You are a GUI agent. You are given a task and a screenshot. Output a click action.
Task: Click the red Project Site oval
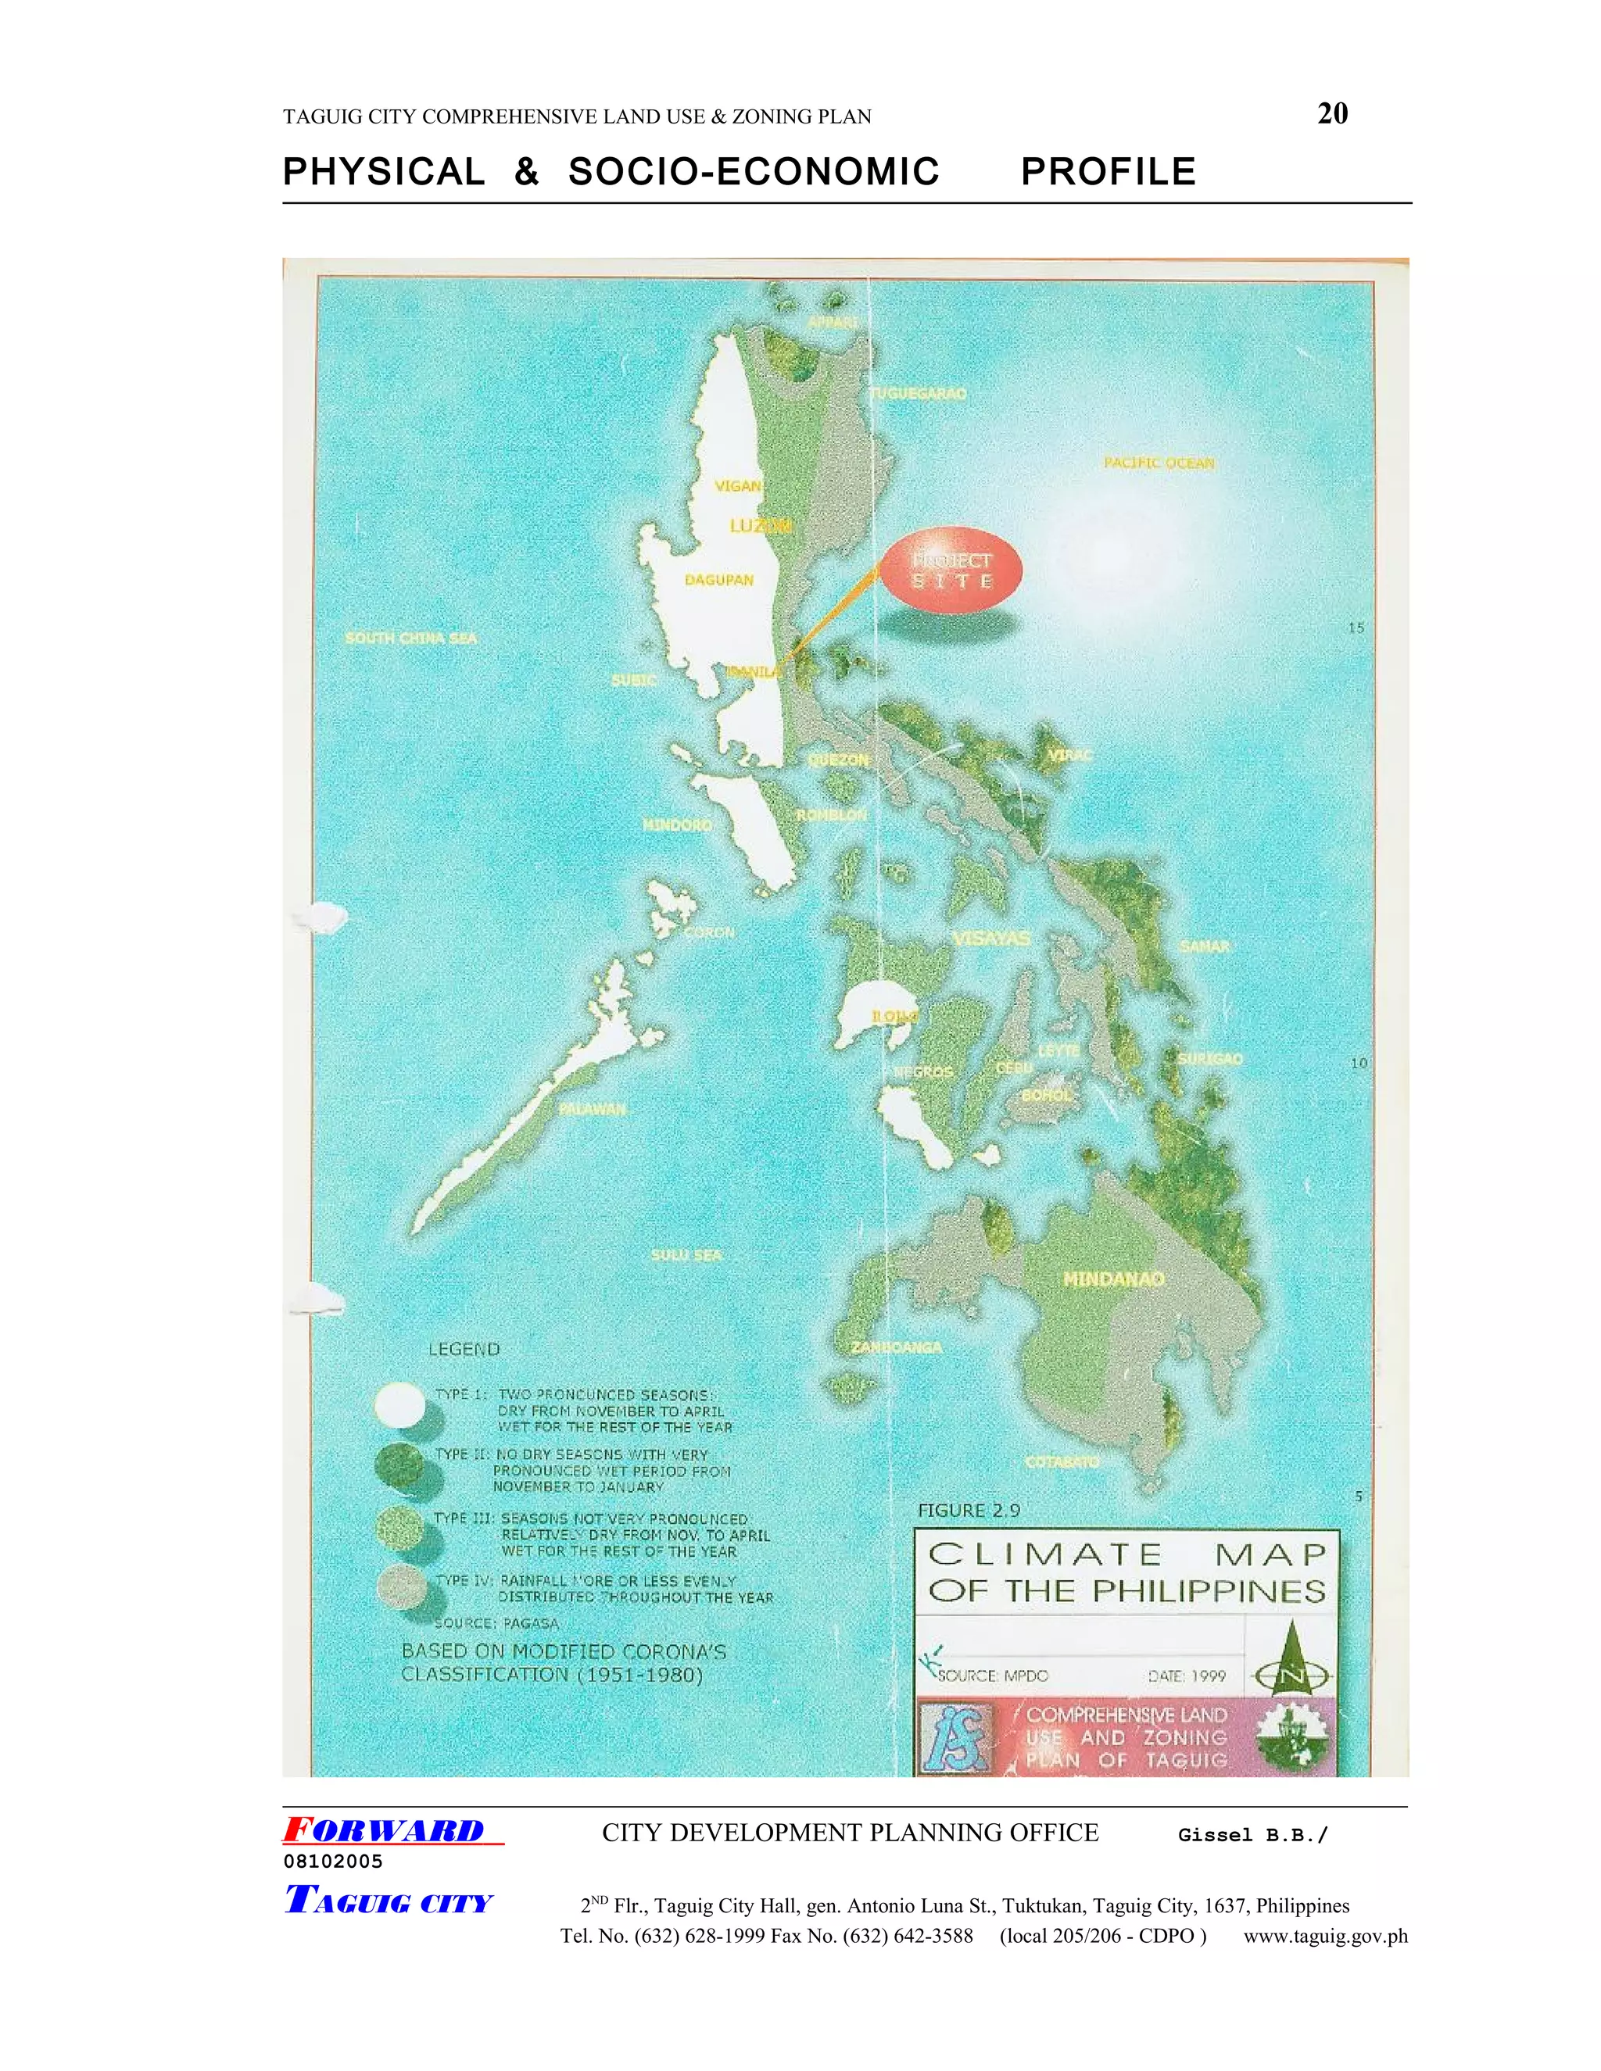point(951,571)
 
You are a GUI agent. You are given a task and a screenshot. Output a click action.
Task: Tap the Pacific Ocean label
point(1158,463)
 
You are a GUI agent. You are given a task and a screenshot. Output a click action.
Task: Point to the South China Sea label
point(410,638)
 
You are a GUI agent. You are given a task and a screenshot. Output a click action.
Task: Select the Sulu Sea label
point(686,1254)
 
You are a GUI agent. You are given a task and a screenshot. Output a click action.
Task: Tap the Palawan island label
point(592,1108)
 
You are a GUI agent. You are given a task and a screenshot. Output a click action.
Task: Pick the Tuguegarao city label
point(918,394)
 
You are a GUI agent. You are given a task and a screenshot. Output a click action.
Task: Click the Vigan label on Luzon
point(738,485)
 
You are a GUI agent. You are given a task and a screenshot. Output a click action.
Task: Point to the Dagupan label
point(719,579)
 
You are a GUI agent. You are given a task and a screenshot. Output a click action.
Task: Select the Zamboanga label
point(897,1347)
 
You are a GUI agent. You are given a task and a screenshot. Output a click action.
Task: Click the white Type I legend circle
point(399,1404)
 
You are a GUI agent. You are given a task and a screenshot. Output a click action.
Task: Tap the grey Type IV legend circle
point(399,1587)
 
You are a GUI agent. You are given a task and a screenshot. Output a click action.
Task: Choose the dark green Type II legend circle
point(399,1466)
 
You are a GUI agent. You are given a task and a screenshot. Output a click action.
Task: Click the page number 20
point(1333,114)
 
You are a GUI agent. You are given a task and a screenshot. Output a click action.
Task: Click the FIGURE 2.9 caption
point(969,1511)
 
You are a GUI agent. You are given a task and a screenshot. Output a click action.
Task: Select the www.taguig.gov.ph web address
point(1325,1935)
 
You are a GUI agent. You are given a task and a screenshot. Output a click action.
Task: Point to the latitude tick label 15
point(1356,628)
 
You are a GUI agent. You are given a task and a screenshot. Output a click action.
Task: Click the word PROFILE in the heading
point(1108,173)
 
